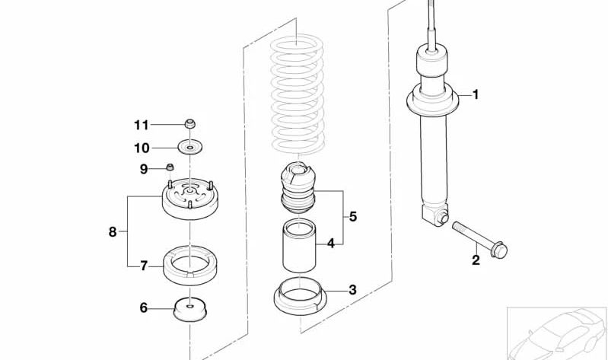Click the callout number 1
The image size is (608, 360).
476,94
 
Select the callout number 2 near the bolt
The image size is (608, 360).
476,260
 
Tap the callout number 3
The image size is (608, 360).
352,289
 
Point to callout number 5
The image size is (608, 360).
352,216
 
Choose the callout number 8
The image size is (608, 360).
113,232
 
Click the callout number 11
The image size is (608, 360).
141,125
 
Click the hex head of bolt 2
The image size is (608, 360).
499,250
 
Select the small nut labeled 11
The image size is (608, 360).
189,124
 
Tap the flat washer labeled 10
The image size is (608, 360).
190,148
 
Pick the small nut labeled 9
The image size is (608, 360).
170,167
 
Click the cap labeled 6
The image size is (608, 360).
190,309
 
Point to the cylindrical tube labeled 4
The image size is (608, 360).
299,246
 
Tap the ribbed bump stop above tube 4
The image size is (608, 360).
298,188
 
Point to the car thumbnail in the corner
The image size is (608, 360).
557,333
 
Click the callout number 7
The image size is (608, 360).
144,266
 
